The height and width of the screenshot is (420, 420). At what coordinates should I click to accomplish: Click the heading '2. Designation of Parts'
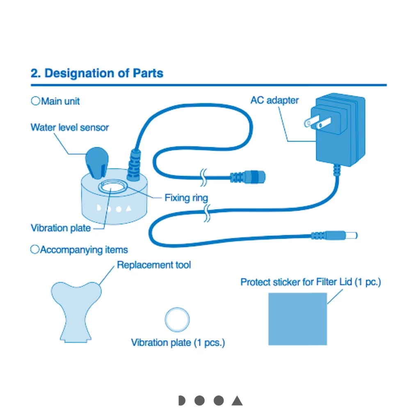tap(97, 73)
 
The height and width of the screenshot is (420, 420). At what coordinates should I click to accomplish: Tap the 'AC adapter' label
tap(274, 100)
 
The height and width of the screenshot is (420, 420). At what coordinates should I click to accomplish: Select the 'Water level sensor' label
tap(70, 127)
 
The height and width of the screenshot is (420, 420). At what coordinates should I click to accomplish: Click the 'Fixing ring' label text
tap(186, 198)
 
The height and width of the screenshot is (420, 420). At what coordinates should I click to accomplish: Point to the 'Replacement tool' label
tap(154, 265)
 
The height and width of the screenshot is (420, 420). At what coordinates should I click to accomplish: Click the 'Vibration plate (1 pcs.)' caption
tap(178, 342)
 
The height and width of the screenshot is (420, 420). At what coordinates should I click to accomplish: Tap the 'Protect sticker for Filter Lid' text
tap(310, 282)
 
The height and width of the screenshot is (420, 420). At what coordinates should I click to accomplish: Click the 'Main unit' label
tap(60, 101)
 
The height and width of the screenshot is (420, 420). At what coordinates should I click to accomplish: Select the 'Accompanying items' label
tap(84, 250)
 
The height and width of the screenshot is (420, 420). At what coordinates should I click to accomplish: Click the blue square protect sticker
tap(297, 319)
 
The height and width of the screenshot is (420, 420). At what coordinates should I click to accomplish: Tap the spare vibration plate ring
tap(177, 319)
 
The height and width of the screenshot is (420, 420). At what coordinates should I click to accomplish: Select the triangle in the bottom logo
tap(237, 401)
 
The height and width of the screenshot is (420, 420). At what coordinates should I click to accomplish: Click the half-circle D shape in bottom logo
tap(182, 401)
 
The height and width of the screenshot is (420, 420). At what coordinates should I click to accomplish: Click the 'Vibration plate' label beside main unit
tap(61, 228)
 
